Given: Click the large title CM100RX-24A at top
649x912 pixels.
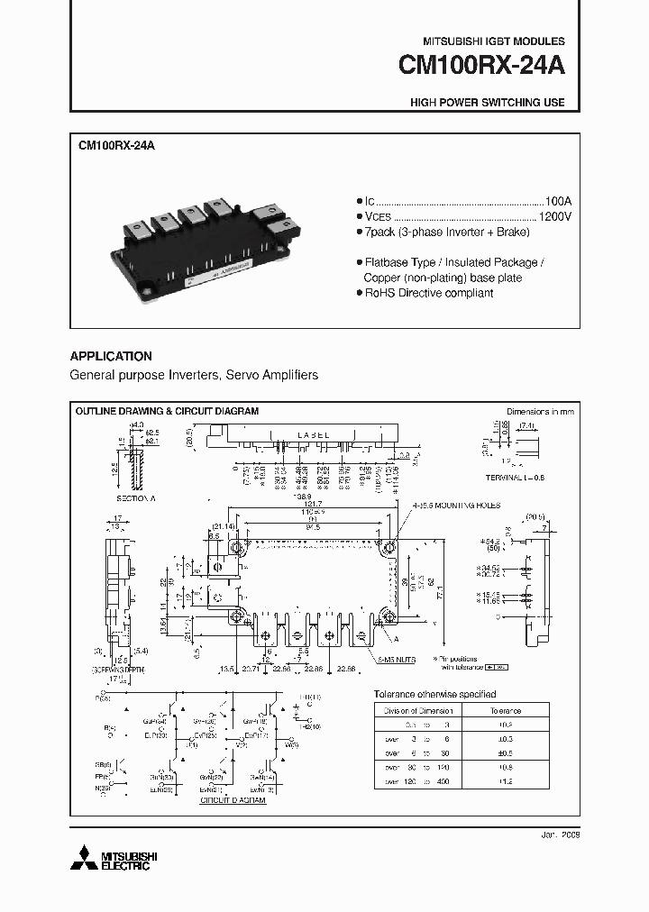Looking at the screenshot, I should (x=481, y=67).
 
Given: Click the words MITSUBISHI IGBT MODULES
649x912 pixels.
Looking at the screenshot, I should (x=493, y=41).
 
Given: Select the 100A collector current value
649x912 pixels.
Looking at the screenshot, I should (x=559, y=201).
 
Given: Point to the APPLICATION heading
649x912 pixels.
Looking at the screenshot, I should (x=111, y=356).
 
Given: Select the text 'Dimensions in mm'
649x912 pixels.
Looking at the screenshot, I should (x=539, y=411).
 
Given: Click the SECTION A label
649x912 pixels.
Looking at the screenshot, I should (x=135, y=497).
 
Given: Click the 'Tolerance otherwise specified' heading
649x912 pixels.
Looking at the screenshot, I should (x=434, y=694).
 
